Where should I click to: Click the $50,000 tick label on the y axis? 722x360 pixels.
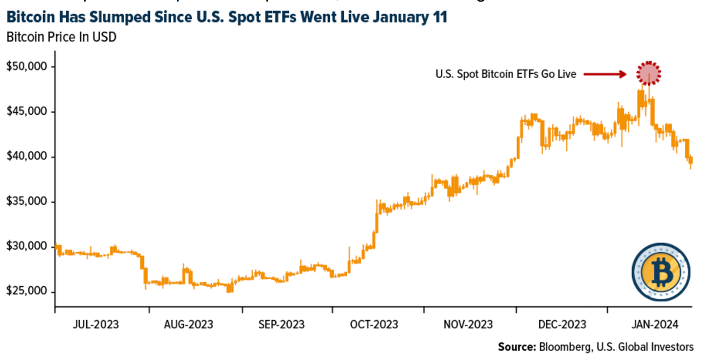click(27, 67)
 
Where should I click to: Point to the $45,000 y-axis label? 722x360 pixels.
click(27, 112)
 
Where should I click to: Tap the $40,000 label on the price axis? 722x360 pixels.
click(27, 157)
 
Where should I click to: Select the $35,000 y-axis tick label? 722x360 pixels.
click(27, 202)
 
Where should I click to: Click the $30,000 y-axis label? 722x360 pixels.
click(27, 247)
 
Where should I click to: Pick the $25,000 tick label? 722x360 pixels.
click(27, 292)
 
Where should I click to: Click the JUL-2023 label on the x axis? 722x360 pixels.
click(96, 324)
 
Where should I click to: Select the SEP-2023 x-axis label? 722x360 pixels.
click(281, 324)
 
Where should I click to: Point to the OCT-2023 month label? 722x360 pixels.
click(374, 324)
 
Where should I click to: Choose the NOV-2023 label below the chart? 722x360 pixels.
click(468, 324)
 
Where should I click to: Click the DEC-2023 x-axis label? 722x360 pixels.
click(562, 324)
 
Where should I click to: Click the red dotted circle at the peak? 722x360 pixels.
click(649, 73)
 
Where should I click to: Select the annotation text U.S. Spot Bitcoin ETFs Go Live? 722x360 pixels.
click(505, 74)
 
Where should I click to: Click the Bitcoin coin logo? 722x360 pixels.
click(661, 272)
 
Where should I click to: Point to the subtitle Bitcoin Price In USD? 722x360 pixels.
click(61, 37)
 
